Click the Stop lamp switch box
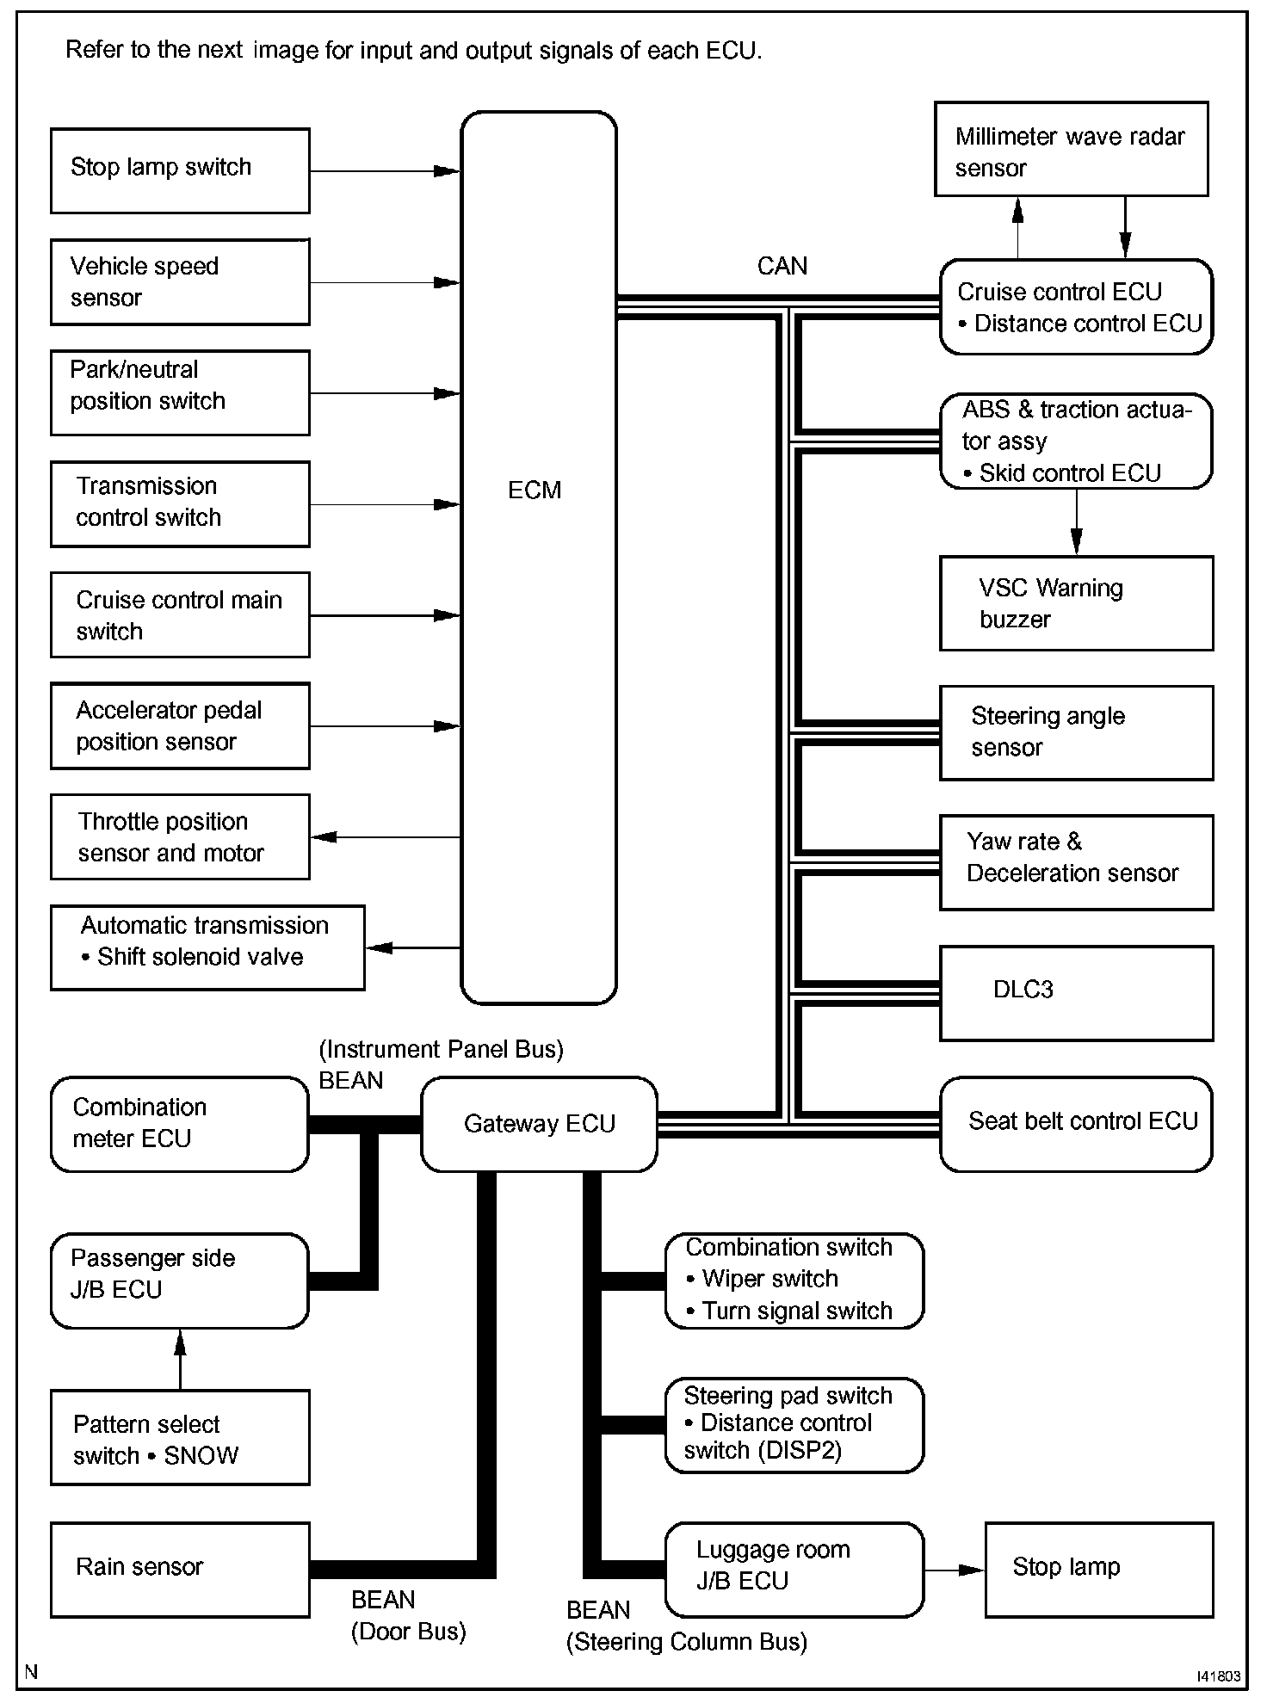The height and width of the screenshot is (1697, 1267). (180, 170)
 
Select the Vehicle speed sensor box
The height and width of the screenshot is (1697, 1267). (180, 281)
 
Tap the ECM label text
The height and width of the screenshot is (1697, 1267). (534, 491)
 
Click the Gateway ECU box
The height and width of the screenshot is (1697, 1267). (539, 1124)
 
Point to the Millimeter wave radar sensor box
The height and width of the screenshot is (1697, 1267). (1071, 150)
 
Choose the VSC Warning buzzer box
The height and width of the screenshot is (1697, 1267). (1076, 603)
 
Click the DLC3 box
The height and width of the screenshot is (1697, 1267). (1076, 993)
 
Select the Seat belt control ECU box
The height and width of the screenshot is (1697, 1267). (1076, 1124)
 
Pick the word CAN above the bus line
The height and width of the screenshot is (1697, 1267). (782, 266)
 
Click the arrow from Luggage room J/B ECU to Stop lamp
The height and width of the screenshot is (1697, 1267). (954, 1570)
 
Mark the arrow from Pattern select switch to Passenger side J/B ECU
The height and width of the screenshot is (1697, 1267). (180, 1359)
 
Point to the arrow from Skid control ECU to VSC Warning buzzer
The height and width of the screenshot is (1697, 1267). (1076, 522)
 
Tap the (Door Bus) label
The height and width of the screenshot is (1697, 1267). (408, 1632)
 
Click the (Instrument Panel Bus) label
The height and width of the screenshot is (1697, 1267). (441, 1050)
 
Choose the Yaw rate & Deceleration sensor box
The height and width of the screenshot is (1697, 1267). (1076, 862)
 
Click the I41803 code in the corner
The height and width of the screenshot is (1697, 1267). (1218, 1676)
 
